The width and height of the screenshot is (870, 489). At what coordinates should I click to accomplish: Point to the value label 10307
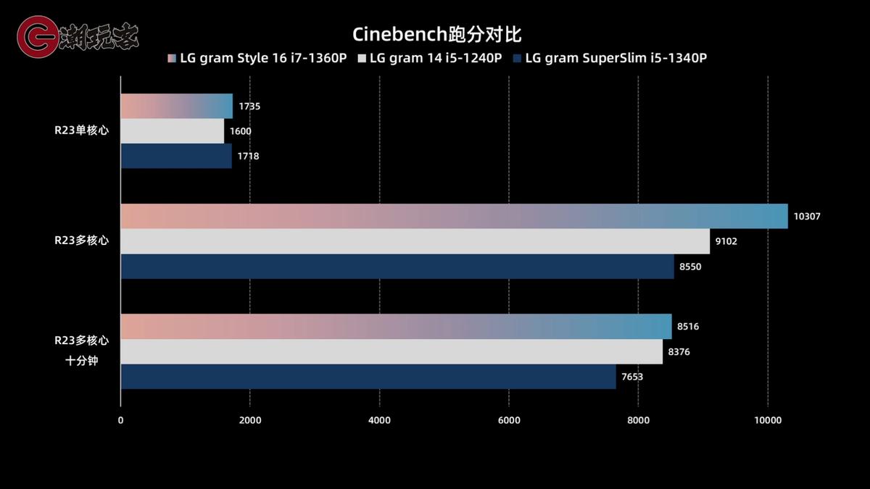pos(807,216)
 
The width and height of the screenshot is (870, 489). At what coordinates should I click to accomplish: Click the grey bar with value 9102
pos(415,241)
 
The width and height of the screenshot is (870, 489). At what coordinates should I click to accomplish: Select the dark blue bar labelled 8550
pos(397,266)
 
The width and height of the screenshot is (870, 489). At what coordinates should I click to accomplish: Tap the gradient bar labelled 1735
pos(176,106)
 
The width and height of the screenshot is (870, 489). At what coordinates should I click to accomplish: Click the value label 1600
pos(241,131)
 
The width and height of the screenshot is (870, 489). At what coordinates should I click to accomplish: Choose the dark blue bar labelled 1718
pos(176,156)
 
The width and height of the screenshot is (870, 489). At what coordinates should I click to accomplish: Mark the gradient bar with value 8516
pos(396,327)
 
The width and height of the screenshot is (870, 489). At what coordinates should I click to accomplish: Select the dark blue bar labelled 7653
pos(368,377)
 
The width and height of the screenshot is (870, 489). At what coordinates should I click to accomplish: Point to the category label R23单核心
pos(81,131)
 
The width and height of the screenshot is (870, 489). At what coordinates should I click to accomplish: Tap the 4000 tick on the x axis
pos(379,420)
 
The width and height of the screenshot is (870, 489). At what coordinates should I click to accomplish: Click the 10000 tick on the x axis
pos(767,420)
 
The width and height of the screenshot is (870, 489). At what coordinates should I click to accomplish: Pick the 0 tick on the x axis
pos(120,420)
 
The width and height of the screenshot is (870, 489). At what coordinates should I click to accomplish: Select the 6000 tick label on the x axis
pos(508,420)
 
